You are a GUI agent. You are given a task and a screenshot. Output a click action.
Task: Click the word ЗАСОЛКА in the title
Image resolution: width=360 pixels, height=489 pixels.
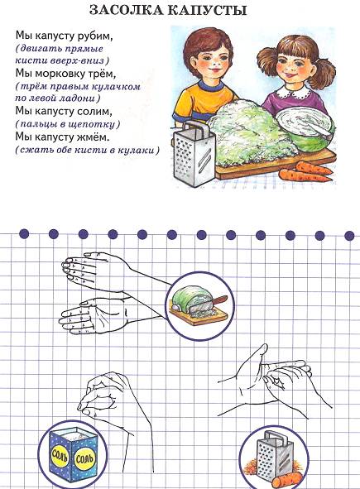click(x=126, y=10)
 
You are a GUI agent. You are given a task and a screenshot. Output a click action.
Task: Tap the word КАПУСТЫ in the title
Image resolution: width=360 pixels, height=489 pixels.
click(x=207, y=10)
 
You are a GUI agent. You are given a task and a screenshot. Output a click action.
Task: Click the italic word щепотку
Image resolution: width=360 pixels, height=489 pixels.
click(x=96, y=125)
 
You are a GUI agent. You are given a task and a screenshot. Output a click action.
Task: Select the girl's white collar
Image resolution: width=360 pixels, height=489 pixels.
click(x=293, y=91)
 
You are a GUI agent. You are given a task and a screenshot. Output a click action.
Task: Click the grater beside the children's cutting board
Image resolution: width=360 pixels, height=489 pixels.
click(x=194, y=155)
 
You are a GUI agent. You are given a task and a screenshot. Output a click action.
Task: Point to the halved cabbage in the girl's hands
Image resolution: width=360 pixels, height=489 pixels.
click(x=305, y=128)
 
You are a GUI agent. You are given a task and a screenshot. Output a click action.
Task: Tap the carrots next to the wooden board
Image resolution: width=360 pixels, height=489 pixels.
click(x=305, y=172)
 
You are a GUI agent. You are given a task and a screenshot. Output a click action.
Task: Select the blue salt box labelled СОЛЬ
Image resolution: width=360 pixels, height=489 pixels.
click(x=72, y=453)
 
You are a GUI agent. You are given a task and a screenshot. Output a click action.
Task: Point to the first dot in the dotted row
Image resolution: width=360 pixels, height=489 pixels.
click(x=24, y=233)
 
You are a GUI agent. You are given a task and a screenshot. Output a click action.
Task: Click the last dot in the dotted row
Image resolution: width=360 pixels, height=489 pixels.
click(x=349, y=236)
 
